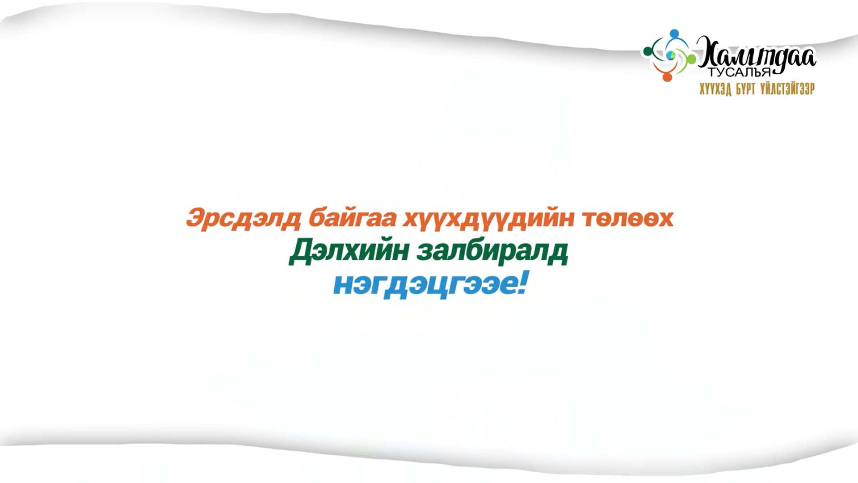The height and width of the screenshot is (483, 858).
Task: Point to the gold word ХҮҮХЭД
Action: point(715,89)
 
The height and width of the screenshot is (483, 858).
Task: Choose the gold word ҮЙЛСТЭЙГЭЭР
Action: point(787,89)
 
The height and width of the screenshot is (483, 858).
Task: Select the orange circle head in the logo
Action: point(667,77)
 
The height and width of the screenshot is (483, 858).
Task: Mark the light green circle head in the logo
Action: point(691,59)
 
